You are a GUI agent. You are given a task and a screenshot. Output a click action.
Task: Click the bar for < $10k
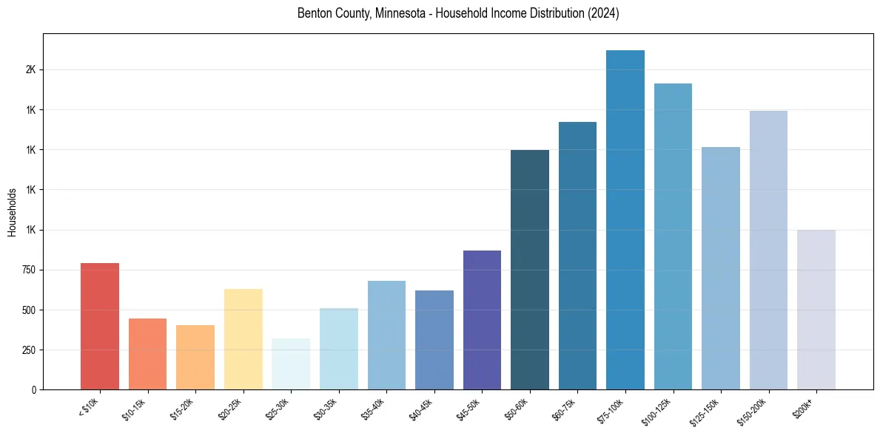coord(99,326)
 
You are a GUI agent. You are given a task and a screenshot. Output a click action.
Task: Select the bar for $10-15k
coord(147,354)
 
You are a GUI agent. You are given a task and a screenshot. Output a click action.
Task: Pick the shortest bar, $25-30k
coord(291,364)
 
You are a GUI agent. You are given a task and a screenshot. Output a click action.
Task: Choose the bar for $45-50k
coord(482,320)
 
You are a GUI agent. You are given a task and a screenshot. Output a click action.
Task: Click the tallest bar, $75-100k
coord(625,219)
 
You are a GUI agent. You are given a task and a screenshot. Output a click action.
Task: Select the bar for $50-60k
coord(530,270)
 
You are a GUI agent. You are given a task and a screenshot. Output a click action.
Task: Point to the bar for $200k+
coord(816,310)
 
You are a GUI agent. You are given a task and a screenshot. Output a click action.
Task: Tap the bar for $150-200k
coord(768,250)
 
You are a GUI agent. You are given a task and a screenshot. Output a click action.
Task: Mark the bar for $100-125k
coord(673,236)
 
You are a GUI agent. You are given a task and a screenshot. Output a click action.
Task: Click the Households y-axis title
coord(13,211)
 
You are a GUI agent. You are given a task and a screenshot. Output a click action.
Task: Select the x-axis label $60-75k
coord(566,408)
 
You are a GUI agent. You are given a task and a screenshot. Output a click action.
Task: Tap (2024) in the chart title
coord(604,13)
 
